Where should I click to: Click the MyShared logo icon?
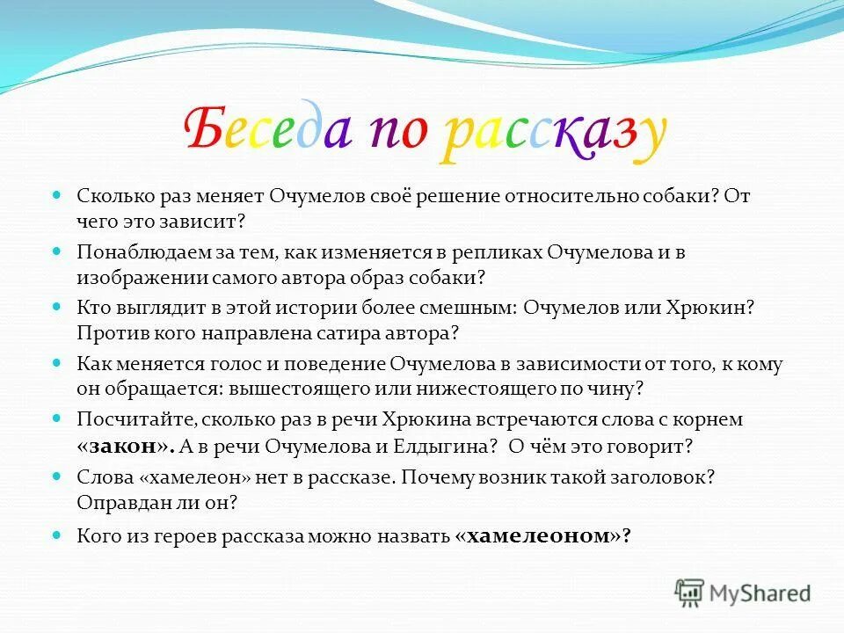pos(689,593)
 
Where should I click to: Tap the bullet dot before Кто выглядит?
pos(58,308)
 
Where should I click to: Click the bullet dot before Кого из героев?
pos(58,534)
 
